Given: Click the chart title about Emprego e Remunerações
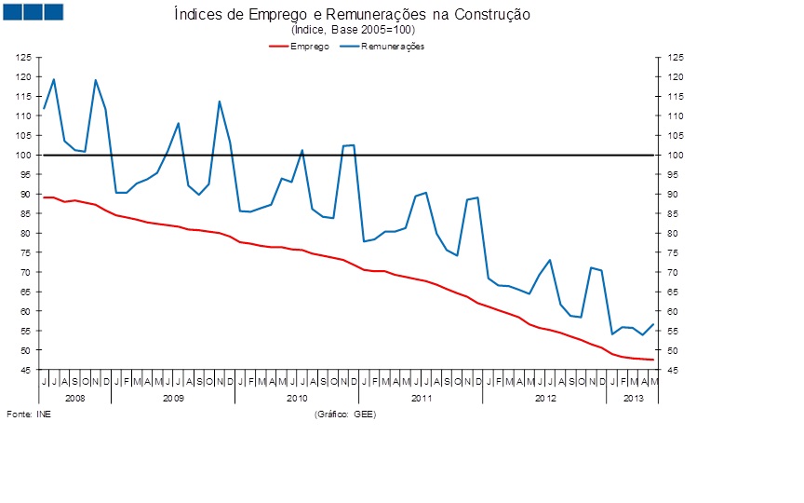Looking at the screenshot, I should click(x=352, y=15).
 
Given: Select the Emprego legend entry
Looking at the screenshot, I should click(x=309, y=46).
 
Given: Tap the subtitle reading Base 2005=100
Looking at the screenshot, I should click(x=352, y=31).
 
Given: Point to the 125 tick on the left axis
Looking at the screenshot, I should click(x=24, y=58).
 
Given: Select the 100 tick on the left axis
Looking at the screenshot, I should click(x=24, y=155).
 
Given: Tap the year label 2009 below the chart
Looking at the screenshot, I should click(x=173, y=398).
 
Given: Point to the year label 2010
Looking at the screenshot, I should click(x=297, y=398).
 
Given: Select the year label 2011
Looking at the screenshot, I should click(x=421, y=398).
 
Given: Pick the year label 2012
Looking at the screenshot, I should click(x=544, y=398).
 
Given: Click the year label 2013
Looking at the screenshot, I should click(x=633, y=398).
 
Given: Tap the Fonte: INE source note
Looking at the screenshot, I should click(x=29, y=414).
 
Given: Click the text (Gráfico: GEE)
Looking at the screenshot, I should click(x=345, y=414).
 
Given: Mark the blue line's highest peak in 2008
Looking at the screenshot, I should click(x=54, y=79).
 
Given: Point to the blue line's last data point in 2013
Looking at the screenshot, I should click(x=653, y=324).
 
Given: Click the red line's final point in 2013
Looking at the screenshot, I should click(x=653, y=360).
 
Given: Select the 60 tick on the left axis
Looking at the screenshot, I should click(x=24, y=311).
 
